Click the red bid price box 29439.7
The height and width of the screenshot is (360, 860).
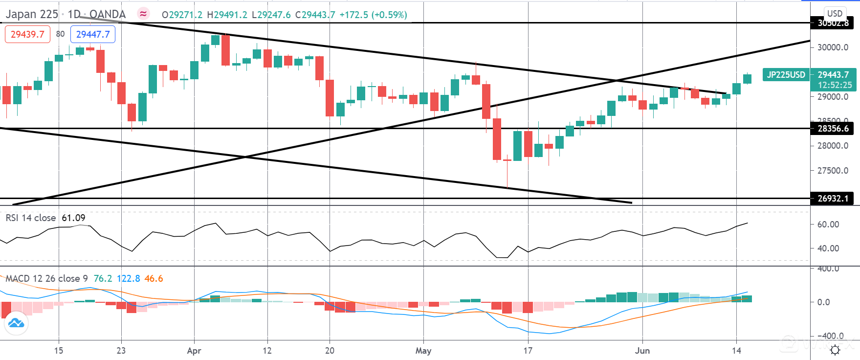27,34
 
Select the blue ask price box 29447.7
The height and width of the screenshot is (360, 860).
93,34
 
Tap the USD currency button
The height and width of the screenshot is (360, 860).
835,13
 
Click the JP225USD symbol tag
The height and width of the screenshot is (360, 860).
786,75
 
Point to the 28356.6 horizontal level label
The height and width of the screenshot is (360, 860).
833,129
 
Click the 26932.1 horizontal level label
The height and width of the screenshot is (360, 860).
833,199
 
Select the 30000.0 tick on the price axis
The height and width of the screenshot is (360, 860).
833,47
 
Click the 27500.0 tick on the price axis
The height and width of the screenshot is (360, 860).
833,171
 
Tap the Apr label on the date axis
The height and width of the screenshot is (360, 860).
194,351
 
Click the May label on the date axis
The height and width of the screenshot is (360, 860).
423,351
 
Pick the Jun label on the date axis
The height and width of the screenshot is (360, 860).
642,351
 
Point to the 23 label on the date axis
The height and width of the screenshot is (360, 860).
121,351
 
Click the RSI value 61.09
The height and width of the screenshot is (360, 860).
73,218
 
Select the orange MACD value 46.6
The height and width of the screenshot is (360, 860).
154,278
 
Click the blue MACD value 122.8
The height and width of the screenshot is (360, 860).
128,278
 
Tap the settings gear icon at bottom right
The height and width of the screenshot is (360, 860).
835,350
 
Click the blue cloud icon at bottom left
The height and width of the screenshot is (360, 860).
16,323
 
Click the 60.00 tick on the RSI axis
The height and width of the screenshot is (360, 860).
828,225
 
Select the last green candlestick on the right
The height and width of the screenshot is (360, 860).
747,79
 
